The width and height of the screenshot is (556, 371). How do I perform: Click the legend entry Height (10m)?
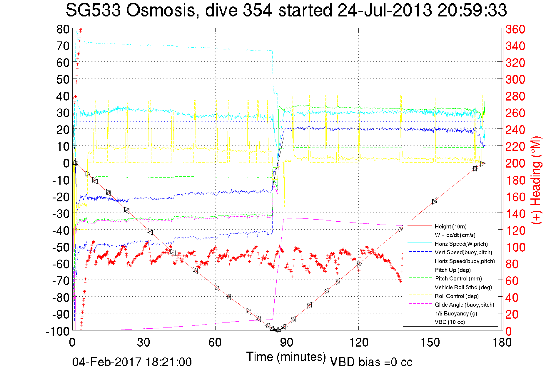(450, 226)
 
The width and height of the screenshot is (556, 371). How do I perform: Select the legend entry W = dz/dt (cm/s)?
(455, 235)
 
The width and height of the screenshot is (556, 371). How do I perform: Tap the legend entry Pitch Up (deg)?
(453, 270)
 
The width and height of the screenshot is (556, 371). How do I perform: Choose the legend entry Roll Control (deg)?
(457, 296)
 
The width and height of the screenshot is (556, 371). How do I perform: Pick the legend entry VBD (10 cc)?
(450, 322)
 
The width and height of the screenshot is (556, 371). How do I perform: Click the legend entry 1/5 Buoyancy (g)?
(456, 313)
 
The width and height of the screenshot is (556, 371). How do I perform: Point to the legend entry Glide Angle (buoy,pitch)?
(464, 305)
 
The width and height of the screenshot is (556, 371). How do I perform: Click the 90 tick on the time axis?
(287, 342)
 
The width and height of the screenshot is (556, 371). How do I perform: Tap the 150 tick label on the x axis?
(430, 342)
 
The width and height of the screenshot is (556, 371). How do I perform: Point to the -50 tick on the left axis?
(61, 247)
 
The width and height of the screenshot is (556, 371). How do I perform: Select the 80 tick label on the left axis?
(63, 29)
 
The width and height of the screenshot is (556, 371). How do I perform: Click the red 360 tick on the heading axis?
(515, 29)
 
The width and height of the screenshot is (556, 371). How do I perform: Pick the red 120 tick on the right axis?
(515, 230)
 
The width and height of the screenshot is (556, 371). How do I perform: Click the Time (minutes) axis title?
(286, 357)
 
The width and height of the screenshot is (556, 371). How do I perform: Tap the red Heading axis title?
(536, 180)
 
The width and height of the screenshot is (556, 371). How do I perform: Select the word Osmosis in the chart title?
(161, 10)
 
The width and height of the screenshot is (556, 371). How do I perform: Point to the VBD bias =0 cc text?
(371, 362)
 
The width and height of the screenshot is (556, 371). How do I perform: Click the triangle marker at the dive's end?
(482, 163)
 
